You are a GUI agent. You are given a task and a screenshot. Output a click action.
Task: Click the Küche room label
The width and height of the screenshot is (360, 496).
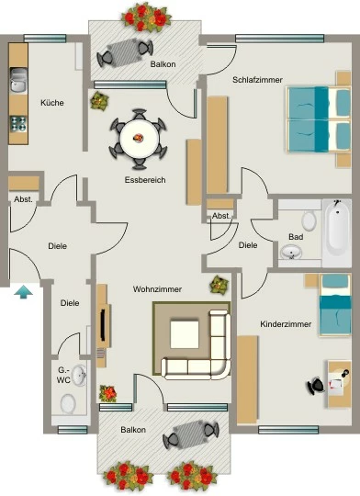pyautogui.click(x=52, y=103)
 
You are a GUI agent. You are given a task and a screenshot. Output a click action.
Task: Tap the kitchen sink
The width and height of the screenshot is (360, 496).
pyautogui.click(x=18, y=81)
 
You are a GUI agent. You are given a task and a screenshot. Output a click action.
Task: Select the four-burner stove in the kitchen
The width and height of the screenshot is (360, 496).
pyautogui.click(x=18, y=124)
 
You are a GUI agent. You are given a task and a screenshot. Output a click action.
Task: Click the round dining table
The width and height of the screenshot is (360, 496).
pyautogui.click(x=140, y=138)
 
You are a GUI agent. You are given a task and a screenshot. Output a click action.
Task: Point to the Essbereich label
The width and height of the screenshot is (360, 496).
pyautogui.click(x=145, y=180)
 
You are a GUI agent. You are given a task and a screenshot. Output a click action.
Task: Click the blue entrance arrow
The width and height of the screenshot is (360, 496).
pyautogui.click(x=23, y=292)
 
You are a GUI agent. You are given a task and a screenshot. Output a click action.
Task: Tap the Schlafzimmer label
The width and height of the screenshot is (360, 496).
pyautogui.click(x=257, y=80)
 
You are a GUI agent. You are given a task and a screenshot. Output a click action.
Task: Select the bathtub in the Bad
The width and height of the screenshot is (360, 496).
pyautogui.click(x=337, y=232)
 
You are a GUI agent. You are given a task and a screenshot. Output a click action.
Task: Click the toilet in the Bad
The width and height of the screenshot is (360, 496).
pyautogui.click(x=309, y=220)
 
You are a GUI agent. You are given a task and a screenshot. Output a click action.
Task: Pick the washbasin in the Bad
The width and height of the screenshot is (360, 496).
pyautogui.click(x=291, y=253)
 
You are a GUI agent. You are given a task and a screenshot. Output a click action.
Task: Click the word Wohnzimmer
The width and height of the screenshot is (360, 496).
pyautogui.click(x=157, y=289)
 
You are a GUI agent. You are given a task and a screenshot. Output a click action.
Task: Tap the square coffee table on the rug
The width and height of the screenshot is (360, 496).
pyautogui.click(x=185, y=334)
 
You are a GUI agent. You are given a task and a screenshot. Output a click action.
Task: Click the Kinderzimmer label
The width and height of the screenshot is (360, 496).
pyautogui.click(x=286, y=324)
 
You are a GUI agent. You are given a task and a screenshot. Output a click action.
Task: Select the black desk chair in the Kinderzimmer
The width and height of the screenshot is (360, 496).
pyautogui.click(x=316, y=386)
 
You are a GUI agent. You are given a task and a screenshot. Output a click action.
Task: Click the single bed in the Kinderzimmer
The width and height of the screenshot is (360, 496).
pyautogui.click(x=335, y=305)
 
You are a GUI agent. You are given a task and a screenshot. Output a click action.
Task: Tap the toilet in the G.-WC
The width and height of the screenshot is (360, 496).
pyautogui.click(x=68, y=403)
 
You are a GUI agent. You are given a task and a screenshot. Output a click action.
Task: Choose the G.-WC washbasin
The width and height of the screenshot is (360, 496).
pyautogui.click(x=79, y=376)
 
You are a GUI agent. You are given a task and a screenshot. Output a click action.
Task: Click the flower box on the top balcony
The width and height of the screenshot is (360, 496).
pyautogui.click(x=146, y=17)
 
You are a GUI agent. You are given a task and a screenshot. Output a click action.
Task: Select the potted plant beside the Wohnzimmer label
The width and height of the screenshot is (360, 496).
pyautogui.click(x=219, y=285)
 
